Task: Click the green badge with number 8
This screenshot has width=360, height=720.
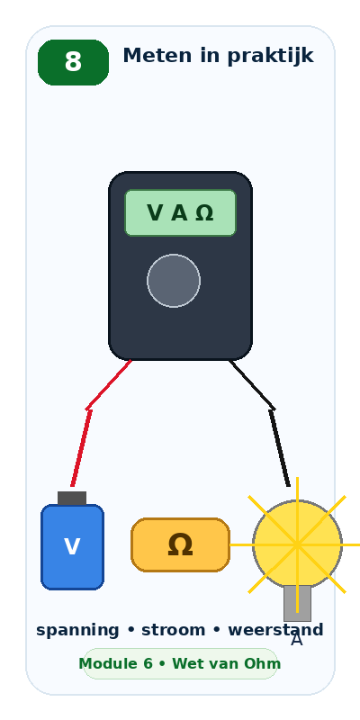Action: [x=73, y=62]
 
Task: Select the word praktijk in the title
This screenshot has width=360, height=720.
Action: [x=270, y=56]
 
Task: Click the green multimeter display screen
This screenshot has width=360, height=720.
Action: [x=181, y=212]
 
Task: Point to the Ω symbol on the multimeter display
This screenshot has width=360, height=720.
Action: [x=204, y=213]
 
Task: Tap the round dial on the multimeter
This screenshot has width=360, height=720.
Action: [x=174, y=281]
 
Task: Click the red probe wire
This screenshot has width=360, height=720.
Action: [x=88, y=409]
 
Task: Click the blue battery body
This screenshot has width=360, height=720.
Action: [x=73, y=547]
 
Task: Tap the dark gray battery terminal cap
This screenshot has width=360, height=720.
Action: [x=72, y=499]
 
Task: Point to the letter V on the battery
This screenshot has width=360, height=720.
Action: [x=72, y=547]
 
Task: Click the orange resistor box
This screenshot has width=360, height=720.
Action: [x=181, y=545]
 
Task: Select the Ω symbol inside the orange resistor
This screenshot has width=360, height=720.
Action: [x=180, y=545]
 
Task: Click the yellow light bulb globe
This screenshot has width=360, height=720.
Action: [x=298, y=544]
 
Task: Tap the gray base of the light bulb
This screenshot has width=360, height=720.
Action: [x=298, y=603]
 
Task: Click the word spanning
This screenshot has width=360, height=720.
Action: [x=77, y=631]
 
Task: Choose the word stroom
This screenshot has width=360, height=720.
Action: [x=173, y=630]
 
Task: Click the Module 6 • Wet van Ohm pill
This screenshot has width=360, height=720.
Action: [x=181, y=663]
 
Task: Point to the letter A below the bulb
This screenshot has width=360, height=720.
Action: [x=297, y=640]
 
